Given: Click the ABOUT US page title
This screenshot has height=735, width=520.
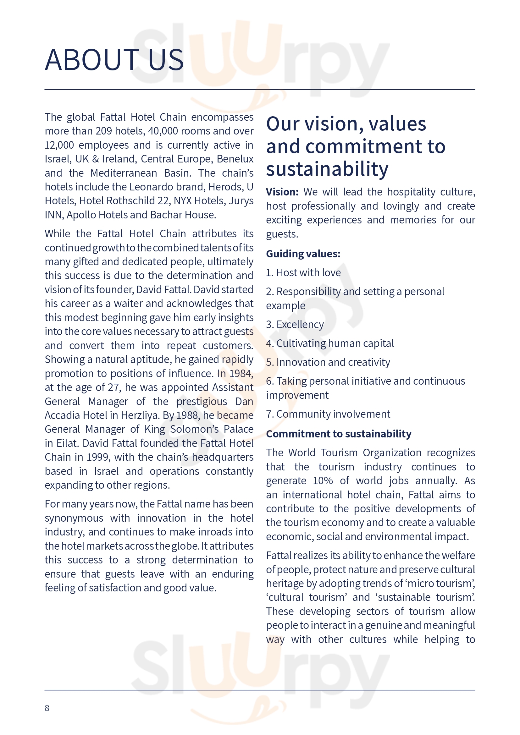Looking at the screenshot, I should point(114,60).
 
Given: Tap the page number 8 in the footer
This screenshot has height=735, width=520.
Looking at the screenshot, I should point(47,708).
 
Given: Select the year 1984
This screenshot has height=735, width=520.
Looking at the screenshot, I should point(241,373).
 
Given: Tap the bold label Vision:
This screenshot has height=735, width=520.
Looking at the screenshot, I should point(282,192).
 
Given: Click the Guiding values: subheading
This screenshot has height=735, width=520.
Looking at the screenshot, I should point(303,254).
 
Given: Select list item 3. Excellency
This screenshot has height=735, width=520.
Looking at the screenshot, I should point(295,325).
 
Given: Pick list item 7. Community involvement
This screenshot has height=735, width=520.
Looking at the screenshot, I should point(328,414).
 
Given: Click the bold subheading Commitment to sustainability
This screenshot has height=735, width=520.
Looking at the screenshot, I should point(339,434).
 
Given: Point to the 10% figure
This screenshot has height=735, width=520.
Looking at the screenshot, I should point(323,481).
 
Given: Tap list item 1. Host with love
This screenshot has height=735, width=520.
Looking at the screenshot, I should point(303,273).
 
